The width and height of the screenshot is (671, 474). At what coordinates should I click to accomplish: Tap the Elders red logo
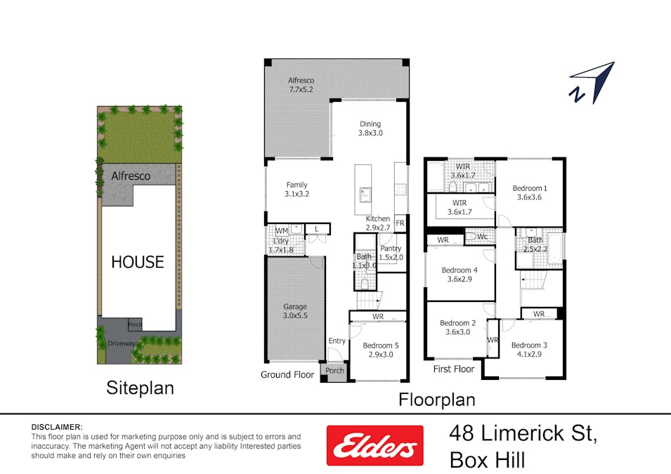(374, 445)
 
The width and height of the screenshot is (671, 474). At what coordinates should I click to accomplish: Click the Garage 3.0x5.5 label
(295, 311)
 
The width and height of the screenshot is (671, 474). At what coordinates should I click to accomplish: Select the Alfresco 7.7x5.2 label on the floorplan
(301, 85)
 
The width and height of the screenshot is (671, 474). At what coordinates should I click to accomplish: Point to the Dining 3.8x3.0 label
(370, 127)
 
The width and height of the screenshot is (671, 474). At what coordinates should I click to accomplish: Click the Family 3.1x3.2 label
(297, 190)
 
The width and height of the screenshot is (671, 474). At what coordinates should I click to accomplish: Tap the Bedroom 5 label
(382, 350)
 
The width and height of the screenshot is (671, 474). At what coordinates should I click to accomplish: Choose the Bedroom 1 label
(530, 192)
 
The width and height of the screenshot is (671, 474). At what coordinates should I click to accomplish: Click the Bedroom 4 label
(460, 275)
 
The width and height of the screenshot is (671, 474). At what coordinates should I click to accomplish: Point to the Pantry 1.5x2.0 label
(391, 253)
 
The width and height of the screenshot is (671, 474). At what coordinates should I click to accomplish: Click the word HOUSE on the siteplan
(138, 262)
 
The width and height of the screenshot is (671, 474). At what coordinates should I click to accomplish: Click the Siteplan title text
(140, 388)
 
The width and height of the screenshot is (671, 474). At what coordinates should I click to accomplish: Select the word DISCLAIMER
(57, 427)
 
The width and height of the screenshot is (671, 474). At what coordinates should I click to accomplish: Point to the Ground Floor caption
(287, 374)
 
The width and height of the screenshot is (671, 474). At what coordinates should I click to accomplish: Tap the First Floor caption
(454, 369)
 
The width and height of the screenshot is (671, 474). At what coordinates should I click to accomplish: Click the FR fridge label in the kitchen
(400, 223)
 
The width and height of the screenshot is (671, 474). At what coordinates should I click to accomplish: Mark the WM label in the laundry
(281, 230)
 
